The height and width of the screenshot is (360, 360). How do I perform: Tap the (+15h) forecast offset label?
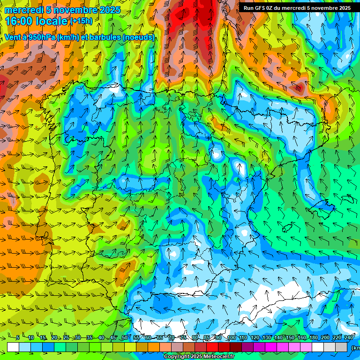[81, 21]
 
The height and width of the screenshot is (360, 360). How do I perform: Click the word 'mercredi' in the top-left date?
[22, 10]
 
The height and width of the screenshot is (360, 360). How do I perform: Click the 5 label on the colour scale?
[17, 338]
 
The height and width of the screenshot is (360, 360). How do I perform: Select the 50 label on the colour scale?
[125, 338]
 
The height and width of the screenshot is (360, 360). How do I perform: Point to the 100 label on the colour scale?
[231, 338]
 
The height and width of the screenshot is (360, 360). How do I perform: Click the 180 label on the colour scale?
[314, 338]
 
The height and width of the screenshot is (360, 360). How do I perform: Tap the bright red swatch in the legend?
[213, 347]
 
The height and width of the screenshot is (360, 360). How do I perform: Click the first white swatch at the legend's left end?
[13, 347]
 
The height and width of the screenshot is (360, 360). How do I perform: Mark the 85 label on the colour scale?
[207, 338]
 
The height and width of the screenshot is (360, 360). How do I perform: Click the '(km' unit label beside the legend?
[355, 347]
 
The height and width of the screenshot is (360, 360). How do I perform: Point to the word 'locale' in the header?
[50, 21]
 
